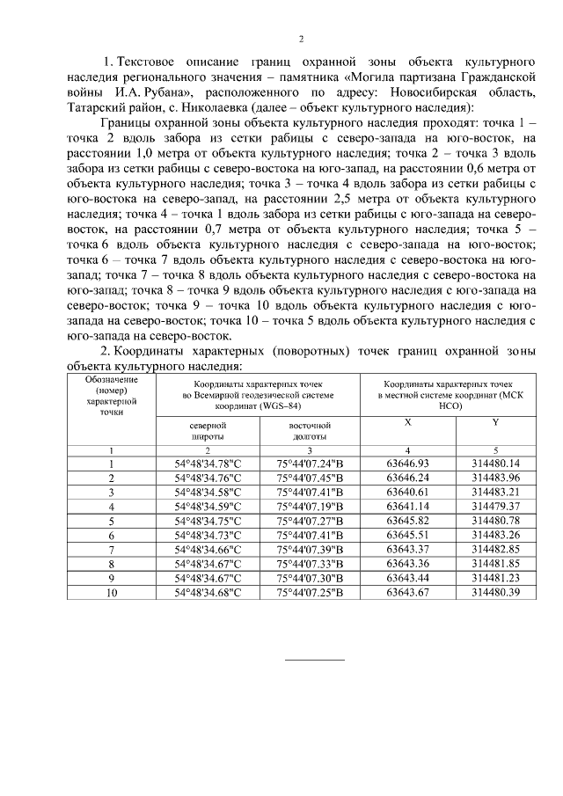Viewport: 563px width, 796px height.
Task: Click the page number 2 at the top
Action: pyautogui.click(x=301, y=39)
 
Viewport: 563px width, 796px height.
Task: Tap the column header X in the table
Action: pyautogui.click(x=407, y=423)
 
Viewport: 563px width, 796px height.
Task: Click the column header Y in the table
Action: pyautogui.click(x=495, y=423)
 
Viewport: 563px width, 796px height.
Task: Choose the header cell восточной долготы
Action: pyautogui.click(x=309, y=430)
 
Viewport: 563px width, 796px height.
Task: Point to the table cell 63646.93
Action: pyautogui.click(x=407, y=464)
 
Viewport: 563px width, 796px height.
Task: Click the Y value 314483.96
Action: pyautogui.click(x=495, y=478)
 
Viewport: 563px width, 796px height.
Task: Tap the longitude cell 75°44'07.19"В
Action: pyautogui.click(x=309, y=506)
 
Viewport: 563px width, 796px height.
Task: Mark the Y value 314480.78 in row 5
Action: pyautogui.click(x=495, y=521)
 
